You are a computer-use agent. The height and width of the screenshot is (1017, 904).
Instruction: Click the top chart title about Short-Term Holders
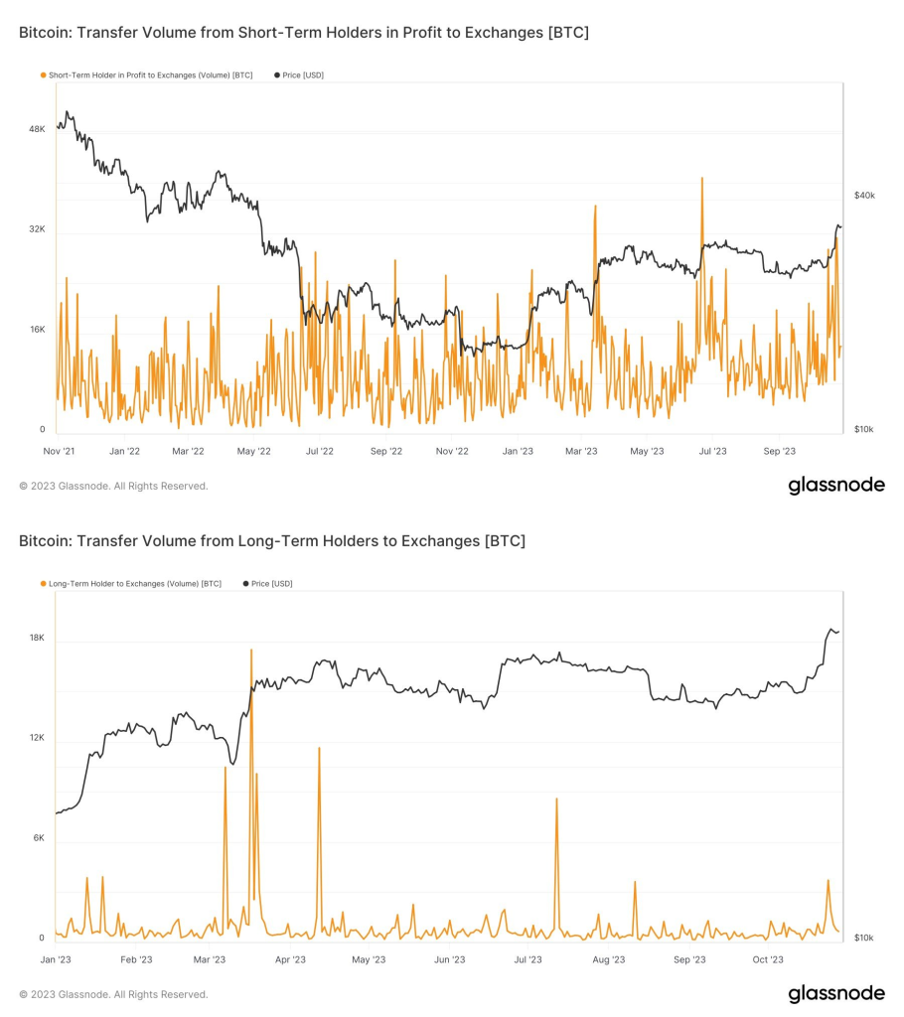pyautogui.click(x=303, y=33)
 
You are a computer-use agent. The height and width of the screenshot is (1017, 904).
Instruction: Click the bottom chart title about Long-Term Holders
pyautogui.click(x=271, y=541)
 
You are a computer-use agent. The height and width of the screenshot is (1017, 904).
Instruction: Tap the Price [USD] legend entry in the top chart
pyautogui.click(x=302, y=75)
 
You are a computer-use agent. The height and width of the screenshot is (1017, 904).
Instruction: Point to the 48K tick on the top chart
pyautogui.click(x=37, y=129)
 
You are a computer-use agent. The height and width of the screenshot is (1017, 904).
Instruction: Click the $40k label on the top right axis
pyautogui.click(x=864, y=196)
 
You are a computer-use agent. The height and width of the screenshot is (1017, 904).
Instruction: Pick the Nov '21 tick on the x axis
pyautogui.click(x=60, y=451)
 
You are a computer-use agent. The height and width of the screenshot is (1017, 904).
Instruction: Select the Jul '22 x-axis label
pyautogui.click(x=319, y=451)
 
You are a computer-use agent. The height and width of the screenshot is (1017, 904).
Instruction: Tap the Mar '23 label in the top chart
pyautogui.click(x=581, y=451)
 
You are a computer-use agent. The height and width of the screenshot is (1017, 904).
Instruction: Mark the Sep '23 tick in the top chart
pyautogui.click(x=780, y=451)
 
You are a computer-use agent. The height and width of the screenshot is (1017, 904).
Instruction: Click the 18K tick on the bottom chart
pyautogui.click(x=37, y=638)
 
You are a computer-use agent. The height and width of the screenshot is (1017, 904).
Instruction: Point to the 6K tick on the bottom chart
pyautogui.click(x=37, y=837)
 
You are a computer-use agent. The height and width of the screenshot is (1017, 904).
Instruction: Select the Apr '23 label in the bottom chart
pyautogui.click(x=289, y=959)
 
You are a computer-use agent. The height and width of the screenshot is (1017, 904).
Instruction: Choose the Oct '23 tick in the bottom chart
pyautogui.click(x=768, y=959)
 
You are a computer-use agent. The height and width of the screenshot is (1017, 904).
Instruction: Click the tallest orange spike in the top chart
pyautogui.click(x=702, y=179)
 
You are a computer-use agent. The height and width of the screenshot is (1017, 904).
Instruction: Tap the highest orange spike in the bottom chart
pyautogui.click(x=251, y=651)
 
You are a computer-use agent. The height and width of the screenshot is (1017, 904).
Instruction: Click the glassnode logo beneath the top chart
pyautogui.click(x=835, y=486)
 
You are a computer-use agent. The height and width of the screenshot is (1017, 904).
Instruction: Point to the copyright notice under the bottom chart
pyautogui.click(x=113, y=994)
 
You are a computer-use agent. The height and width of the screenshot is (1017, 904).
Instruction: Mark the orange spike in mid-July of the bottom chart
pyautogui.click(x=556, y=799)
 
